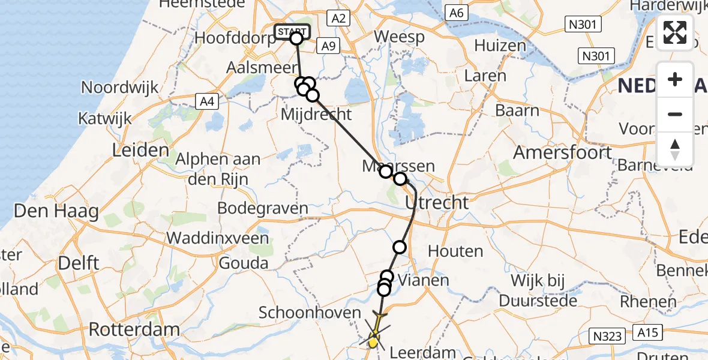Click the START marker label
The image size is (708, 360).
(292, 31)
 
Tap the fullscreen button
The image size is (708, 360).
(675, 32)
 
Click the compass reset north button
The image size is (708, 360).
(675, 149)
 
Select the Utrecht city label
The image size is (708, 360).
(437, 203)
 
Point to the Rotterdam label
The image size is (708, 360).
(134, 329)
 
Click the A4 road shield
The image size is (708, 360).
(206, 102)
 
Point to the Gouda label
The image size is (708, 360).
(244, 263)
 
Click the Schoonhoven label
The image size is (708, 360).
(310, 313)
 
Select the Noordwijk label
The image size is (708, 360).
(120, 87)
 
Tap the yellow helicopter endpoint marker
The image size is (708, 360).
(373, 343)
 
